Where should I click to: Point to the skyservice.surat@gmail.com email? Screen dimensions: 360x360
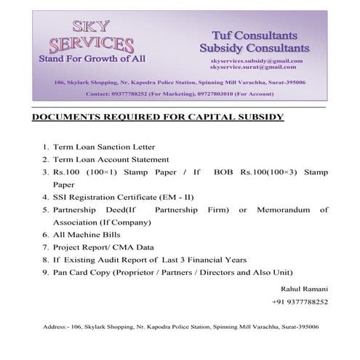tap(252, 67)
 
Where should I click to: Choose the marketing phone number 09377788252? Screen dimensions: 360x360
tap(135, 94)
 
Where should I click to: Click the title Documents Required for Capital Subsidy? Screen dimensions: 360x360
tap(158, 117)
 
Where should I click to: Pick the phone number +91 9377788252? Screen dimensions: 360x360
tap(300, 302)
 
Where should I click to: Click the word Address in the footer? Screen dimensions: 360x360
tap(47, 328)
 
